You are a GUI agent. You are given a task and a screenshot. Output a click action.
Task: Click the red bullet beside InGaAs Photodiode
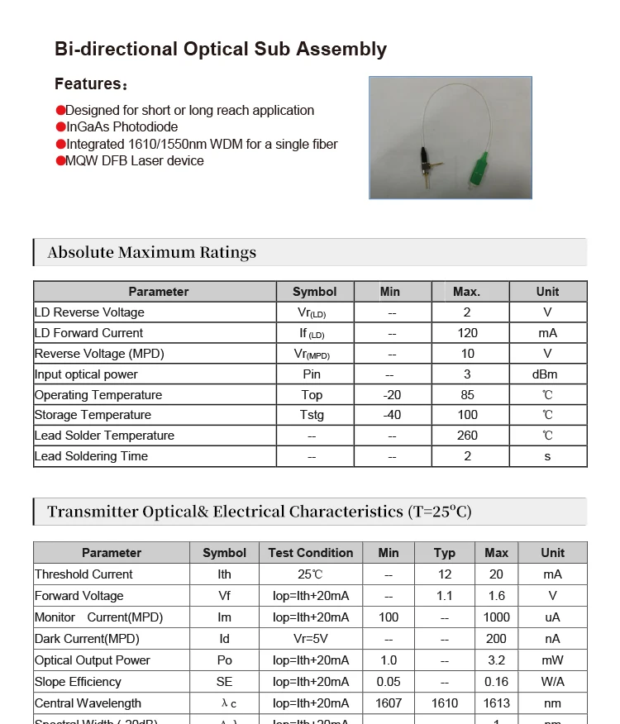click(x=60, y=127)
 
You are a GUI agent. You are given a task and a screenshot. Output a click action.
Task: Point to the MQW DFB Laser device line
click(x=134, y=160)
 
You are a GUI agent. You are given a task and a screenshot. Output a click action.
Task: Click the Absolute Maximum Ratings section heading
click(x=152, y=252)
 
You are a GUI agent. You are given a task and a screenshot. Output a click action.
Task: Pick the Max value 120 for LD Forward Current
click(x=467, y=333)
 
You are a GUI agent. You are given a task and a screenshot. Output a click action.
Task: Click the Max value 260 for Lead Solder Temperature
click(x=467, y=436)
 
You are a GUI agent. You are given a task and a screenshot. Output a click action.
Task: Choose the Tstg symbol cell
click(x=312, y=415)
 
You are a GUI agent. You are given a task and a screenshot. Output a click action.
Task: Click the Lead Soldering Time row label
click(x=92, y=456)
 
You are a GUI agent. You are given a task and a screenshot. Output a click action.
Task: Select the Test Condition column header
click(x=310, y=553)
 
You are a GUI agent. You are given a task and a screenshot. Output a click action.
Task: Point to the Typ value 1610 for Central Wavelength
click(x=445, y=703)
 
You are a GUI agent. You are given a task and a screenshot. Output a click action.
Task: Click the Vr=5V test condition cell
click(x=310, y=639)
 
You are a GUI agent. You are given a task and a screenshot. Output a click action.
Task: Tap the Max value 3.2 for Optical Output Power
click(x=496, y=660)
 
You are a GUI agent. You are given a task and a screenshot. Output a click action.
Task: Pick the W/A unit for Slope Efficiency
click(x=552, y=682)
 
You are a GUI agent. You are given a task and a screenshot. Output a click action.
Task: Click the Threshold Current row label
click(x=83, y=574)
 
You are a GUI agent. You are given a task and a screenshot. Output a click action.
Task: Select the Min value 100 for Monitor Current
click(x=388, y=617)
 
